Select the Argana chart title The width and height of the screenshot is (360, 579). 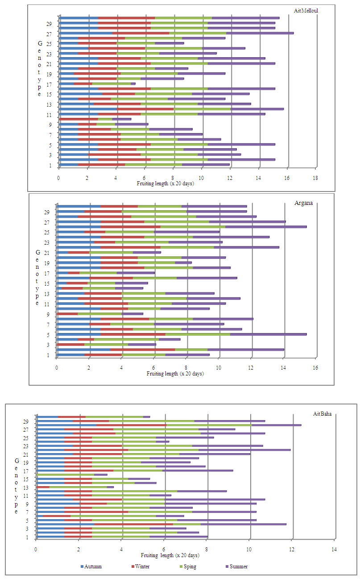303,203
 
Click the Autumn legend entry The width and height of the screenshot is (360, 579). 93,567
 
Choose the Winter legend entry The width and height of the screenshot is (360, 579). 141,567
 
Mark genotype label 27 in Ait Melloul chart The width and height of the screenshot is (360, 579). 49,34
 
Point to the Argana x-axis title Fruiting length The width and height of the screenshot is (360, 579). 175,373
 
